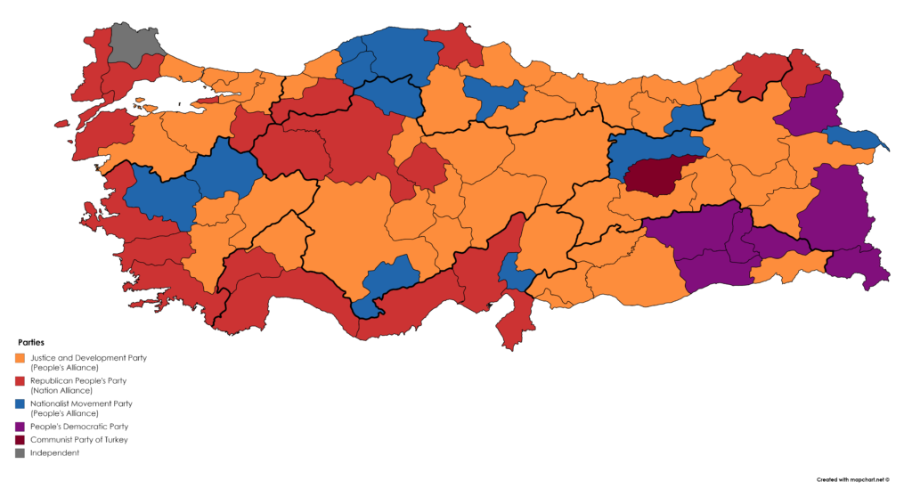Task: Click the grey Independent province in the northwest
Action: click(x=132, y=44)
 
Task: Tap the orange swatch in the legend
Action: click(x=20, y=358)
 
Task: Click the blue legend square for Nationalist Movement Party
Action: click(x=20, y=403)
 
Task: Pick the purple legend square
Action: click(x=20, y=427)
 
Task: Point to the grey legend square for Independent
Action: click(x=20, y=452)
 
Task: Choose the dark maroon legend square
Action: click(x=20, y=439)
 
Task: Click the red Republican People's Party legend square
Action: click(x=20, y=380)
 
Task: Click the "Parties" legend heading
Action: click(x=31, y=342)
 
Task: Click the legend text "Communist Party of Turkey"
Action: click(x=78, y=440)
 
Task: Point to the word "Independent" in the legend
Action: click(x=54, y=452)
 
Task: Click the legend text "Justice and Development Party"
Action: click(x=88, y=357)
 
